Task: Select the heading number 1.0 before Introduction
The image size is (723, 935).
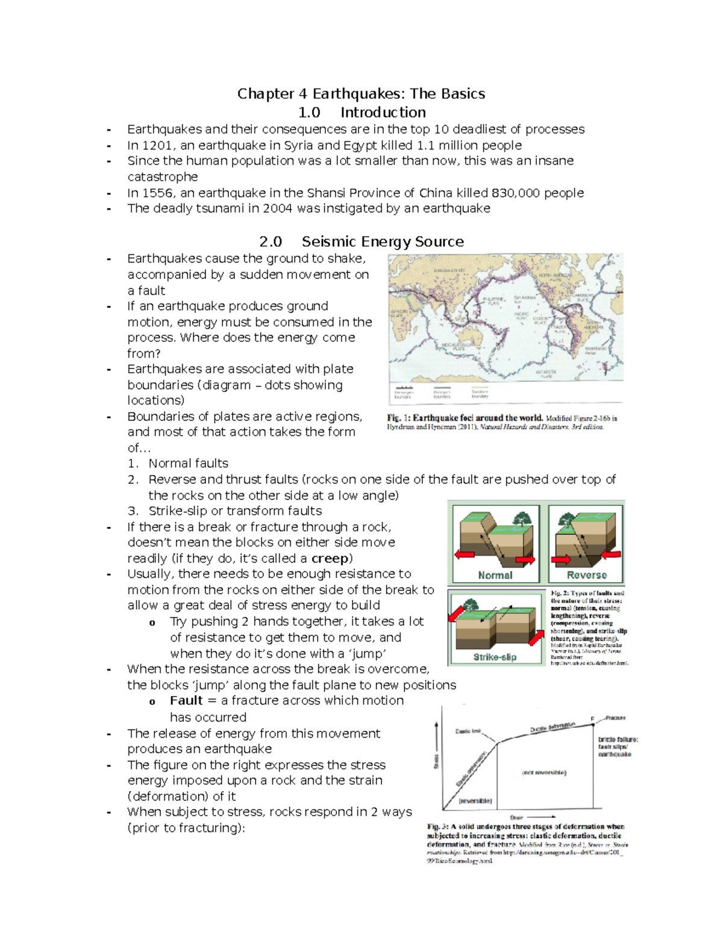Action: tap(309, 113)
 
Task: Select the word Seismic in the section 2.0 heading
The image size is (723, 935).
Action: tap(329, 242)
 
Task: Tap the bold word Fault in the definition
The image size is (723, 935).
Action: tap(186, 701)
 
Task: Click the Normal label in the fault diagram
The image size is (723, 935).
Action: tap(495, 575)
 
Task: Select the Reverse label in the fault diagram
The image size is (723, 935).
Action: tap(586, 575)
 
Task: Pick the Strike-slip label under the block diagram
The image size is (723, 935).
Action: tap(495, 657)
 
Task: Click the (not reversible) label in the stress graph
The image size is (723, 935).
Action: tap(543, 772)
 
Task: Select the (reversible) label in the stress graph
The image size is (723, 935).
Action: tap(475, 801)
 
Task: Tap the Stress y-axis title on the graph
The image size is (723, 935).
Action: tap(436, 762)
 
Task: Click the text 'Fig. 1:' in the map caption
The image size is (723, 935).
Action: tap(398, 418)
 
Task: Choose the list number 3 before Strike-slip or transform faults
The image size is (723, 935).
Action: tap(133, 511)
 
